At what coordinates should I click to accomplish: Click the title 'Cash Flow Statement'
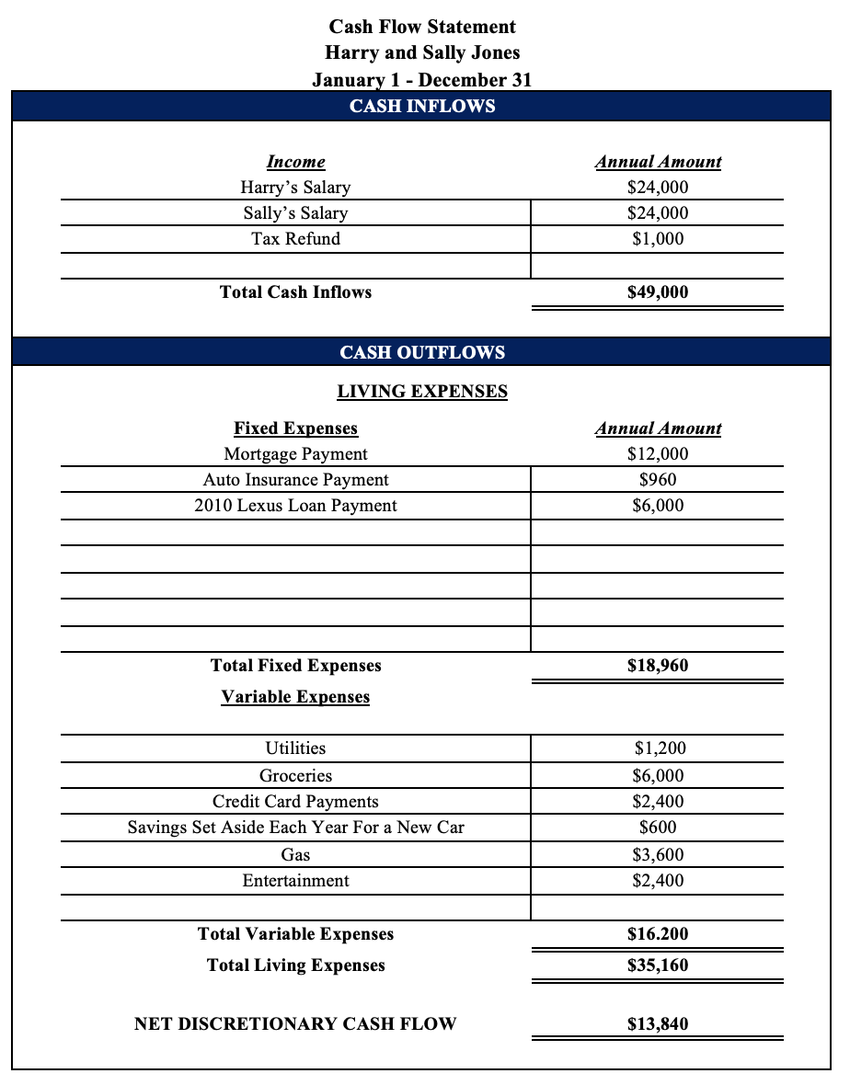[422, 27]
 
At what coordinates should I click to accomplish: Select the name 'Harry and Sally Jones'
[422, 52]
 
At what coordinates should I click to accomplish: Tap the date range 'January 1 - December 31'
[422, 79]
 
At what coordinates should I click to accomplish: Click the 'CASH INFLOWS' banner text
[422, 106]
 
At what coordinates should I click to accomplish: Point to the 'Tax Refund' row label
[295, 239]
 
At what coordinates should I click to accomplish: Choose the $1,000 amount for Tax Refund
[658, 239]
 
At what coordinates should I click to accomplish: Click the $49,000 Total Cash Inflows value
[658, 292]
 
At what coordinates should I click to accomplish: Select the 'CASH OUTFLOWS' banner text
[422, 352]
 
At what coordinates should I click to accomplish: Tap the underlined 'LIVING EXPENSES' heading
[422, 392]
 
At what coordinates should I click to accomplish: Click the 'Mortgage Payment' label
[295, 454]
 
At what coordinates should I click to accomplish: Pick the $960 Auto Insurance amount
[658, 480]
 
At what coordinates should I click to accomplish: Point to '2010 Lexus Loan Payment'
[295, 506]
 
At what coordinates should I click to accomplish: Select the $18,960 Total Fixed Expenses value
[658, 666]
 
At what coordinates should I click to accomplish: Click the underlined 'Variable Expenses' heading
[295, 697]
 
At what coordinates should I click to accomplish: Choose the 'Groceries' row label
[295, 776]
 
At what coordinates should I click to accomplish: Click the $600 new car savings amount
[658, 828]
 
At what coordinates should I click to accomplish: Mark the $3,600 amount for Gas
[658, 855]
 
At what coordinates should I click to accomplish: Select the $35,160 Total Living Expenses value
[658, 965]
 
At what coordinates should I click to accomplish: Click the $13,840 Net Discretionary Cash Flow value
[658, 1024]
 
